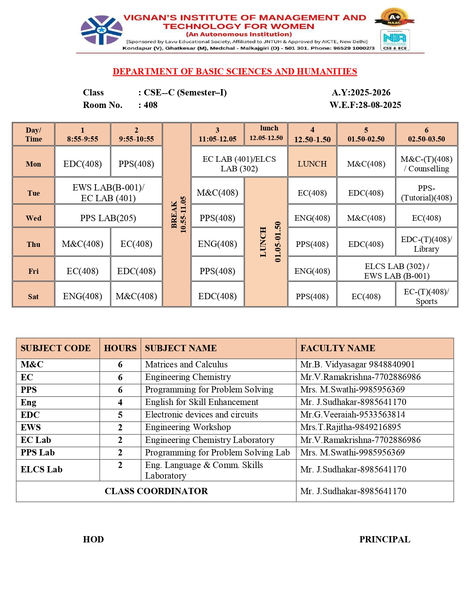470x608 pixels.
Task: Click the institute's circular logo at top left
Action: [101, 30]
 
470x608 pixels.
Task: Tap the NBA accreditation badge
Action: [394, 40]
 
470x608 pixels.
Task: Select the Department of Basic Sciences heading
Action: [235, 71]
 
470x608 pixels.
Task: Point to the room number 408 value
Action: [150, 105]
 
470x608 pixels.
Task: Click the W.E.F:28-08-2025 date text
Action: [365, 105]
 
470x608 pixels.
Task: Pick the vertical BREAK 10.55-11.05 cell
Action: [177, 214]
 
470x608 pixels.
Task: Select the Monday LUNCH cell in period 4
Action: [312, 164]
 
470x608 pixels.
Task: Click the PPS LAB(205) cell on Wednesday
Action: [108, 218]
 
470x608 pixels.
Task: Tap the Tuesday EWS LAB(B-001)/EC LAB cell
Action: [108, 193]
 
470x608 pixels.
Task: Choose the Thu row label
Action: [34, 244]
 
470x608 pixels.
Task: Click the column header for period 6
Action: [426, 134]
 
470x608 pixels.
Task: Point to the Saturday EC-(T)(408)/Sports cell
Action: [426, 296]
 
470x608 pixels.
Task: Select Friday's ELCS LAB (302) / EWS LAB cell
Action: [397, 271]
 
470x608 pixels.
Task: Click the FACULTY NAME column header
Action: [338, 348]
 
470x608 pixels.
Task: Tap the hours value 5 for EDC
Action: [120, 415]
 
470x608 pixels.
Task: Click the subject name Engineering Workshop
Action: [188, 427]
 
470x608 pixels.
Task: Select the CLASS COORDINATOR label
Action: [156, 491]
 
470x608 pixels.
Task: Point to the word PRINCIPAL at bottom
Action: [384, 539]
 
